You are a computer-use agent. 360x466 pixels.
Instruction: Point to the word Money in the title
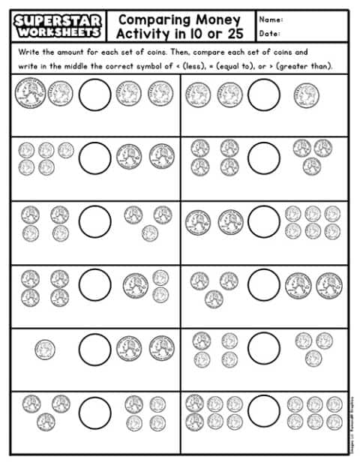pos(220,19)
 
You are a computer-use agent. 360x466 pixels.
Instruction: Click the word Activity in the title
pos(143,35)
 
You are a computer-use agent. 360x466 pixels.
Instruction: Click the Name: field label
pos(271,19)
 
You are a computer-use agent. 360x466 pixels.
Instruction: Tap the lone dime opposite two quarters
pos(44,347)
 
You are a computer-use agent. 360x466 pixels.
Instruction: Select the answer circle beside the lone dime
pos(94,348)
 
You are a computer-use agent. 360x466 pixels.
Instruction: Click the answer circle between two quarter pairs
pos(94,94)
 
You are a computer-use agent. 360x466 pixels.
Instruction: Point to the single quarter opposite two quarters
pos(306,94)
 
